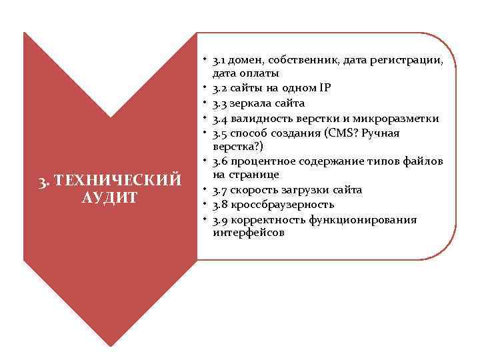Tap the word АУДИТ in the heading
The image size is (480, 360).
coord(110,197)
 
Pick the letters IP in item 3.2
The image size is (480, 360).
coord(324,88)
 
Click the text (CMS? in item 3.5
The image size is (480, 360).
coord(341,133)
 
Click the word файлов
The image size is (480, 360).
coord(422,161)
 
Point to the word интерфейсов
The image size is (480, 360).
coord(248,233)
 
